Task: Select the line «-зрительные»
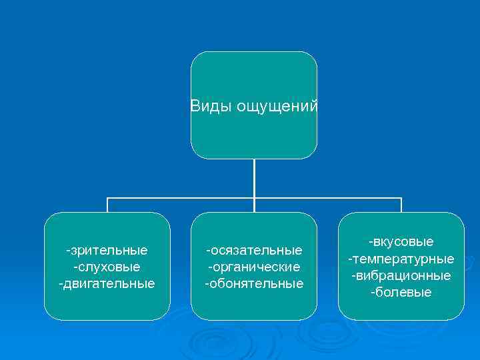[107, 251]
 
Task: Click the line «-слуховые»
[107, 267]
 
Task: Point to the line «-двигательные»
[107, 283]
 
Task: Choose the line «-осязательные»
[254, 251]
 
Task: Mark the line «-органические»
[254, 267]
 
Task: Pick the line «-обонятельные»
[254, 283]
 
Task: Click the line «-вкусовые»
[401, 241]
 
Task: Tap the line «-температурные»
[401, 259]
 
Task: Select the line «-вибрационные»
[401, 275]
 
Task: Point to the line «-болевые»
[401, 292]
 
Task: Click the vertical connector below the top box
[254, 178]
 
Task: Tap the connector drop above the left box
[107, 205]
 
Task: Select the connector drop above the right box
[401, 205]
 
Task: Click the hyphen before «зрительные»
[68, 251]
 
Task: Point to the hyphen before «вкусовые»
[371, 242]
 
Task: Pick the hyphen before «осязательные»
[207, 251]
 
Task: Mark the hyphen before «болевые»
[373, 293]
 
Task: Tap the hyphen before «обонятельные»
[207, 284]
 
